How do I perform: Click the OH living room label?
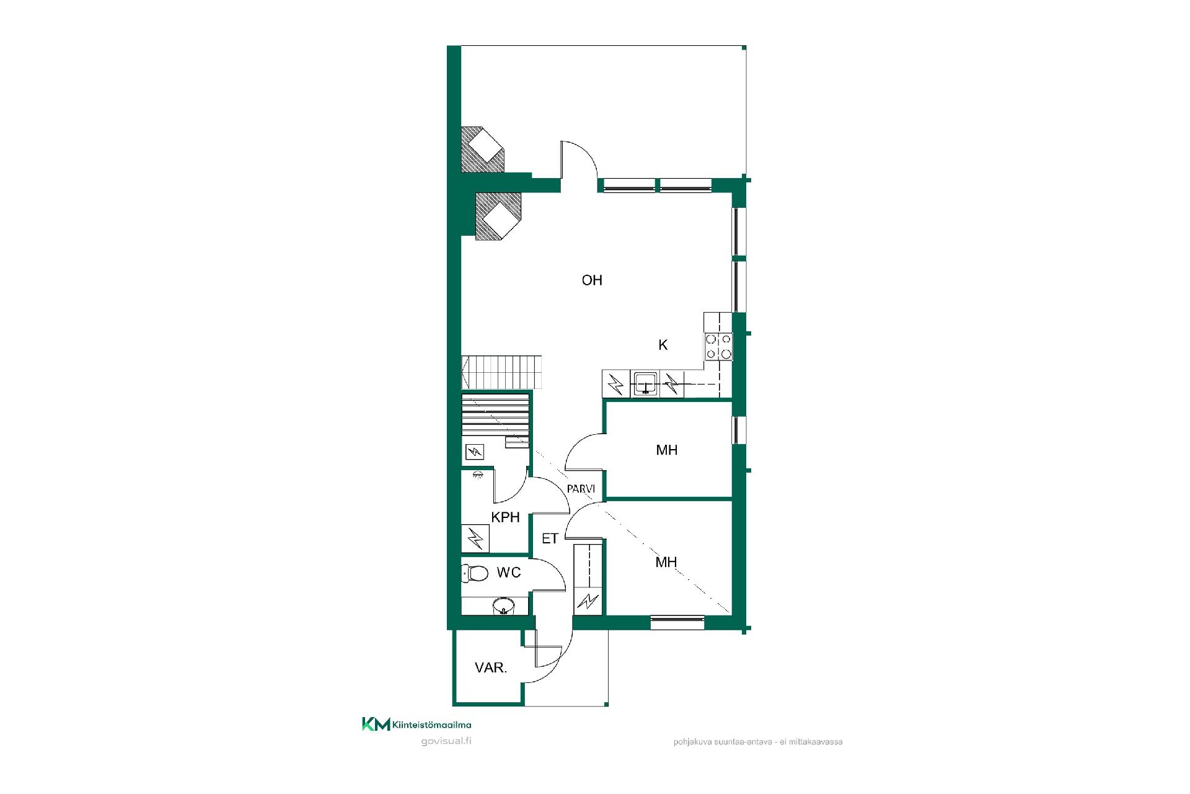(592, 280)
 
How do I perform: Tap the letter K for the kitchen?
(663, 346)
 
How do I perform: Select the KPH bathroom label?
(505, 517)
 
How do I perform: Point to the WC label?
(509, 573)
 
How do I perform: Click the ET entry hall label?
(550, 538)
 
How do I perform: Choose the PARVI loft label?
(581, 489)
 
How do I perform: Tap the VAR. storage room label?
(491, 668)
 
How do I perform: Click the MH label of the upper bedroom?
(667, 450)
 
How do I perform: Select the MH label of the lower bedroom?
(666, 563)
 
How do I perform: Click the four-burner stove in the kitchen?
(718, 347)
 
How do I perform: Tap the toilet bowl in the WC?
(475, 573)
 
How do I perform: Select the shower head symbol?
(477, 475)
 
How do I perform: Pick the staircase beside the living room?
(502, 372)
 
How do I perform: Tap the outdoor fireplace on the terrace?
(483, 149)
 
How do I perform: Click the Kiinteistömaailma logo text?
(432, 725)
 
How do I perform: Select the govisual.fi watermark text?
(446, 741)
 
